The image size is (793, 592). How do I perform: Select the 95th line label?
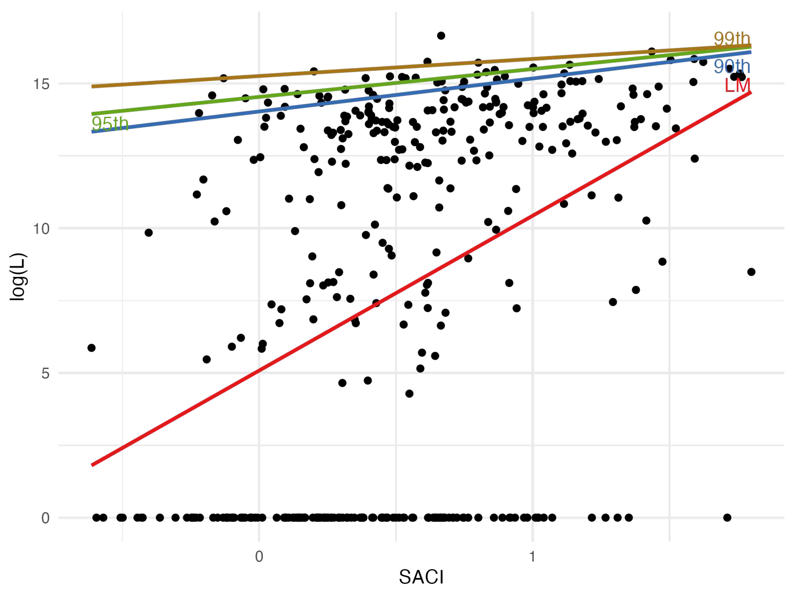point(110,124)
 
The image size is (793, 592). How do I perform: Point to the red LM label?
point(737,86)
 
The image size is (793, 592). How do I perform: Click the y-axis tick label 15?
point(41,84)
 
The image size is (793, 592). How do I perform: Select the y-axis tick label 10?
point(41,228)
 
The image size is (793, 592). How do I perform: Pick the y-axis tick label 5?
point(45,373)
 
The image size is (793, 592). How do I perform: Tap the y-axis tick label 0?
point(45,518)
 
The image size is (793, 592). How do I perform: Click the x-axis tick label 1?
point(533,557)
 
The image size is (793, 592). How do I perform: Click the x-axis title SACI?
point(421,577)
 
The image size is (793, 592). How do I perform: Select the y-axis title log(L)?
point(18,277)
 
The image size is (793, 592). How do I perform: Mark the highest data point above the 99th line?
point(441,36)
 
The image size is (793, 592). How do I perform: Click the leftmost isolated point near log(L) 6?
point(92,348)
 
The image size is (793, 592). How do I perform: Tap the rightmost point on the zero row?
point(727,517)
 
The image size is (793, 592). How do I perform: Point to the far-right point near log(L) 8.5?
point(751,272)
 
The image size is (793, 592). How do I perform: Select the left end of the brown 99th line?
point(92,86)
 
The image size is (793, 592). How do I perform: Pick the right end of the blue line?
point(750,52)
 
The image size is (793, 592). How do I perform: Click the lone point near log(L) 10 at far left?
point(149,233)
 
